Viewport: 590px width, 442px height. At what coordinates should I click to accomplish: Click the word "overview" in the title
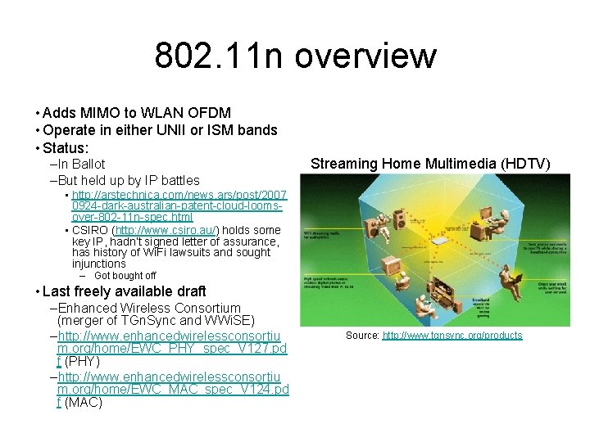pos(365,56)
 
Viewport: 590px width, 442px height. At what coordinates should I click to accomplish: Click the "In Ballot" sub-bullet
pos(80,164)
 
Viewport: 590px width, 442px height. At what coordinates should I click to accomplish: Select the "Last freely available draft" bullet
pos(124,291)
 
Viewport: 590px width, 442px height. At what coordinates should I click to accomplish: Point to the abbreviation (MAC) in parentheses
pos(83,402)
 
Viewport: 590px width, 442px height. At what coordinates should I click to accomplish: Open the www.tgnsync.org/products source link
pos(452,336)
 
